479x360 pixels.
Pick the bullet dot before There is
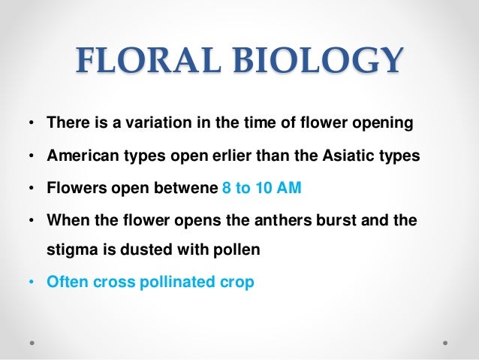tap(30, 123)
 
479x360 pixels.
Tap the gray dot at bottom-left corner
tap(32, 340)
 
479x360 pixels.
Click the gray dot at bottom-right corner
tap(447, 340)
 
